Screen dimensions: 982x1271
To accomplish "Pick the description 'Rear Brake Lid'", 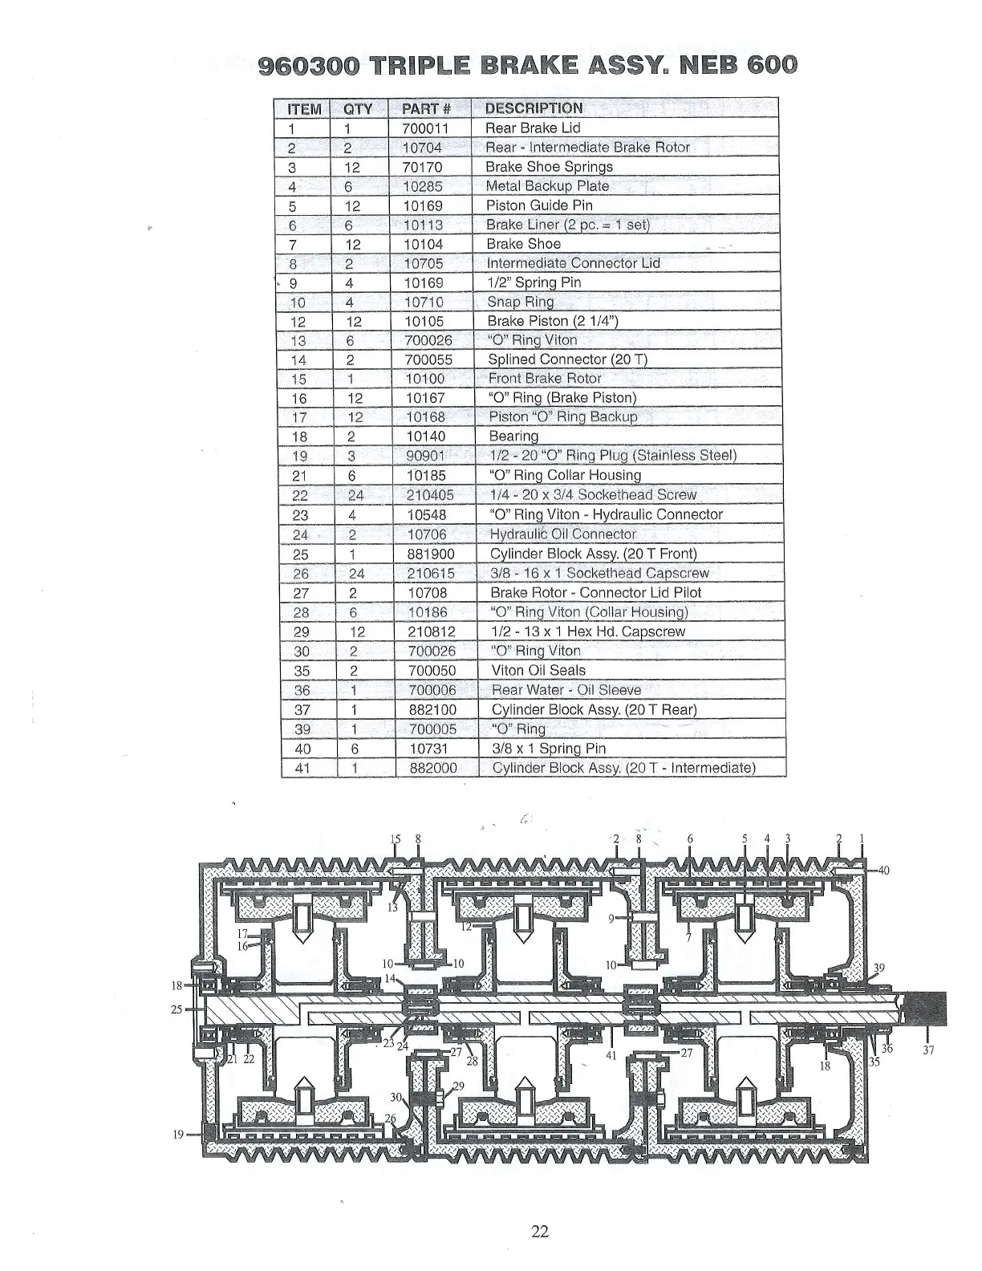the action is [533, 128].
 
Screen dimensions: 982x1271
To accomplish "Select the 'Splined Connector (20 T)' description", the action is [567, 359].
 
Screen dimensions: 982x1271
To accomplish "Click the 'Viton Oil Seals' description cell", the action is [538, 670].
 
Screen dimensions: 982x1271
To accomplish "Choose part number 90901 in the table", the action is [425, 456].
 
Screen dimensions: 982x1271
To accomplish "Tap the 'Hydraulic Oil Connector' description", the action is [562, 534].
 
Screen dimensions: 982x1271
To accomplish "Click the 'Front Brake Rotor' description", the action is [545, 379].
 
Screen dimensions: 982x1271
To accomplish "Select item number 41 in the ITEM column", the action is [302, 768].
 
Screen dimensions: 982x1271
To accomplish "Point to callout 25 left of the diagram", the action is [177, 1009].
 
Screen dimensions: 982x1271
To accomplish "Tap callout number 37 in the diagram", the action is [929, 1049].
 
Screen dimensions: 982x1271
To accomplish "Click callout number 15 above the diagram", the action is [395, 839].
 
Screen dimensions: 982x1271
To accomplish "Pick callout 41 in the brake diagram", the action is [611, 1056].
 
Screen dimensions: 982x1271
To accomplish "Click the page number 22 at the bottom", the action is [539, 1232].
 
